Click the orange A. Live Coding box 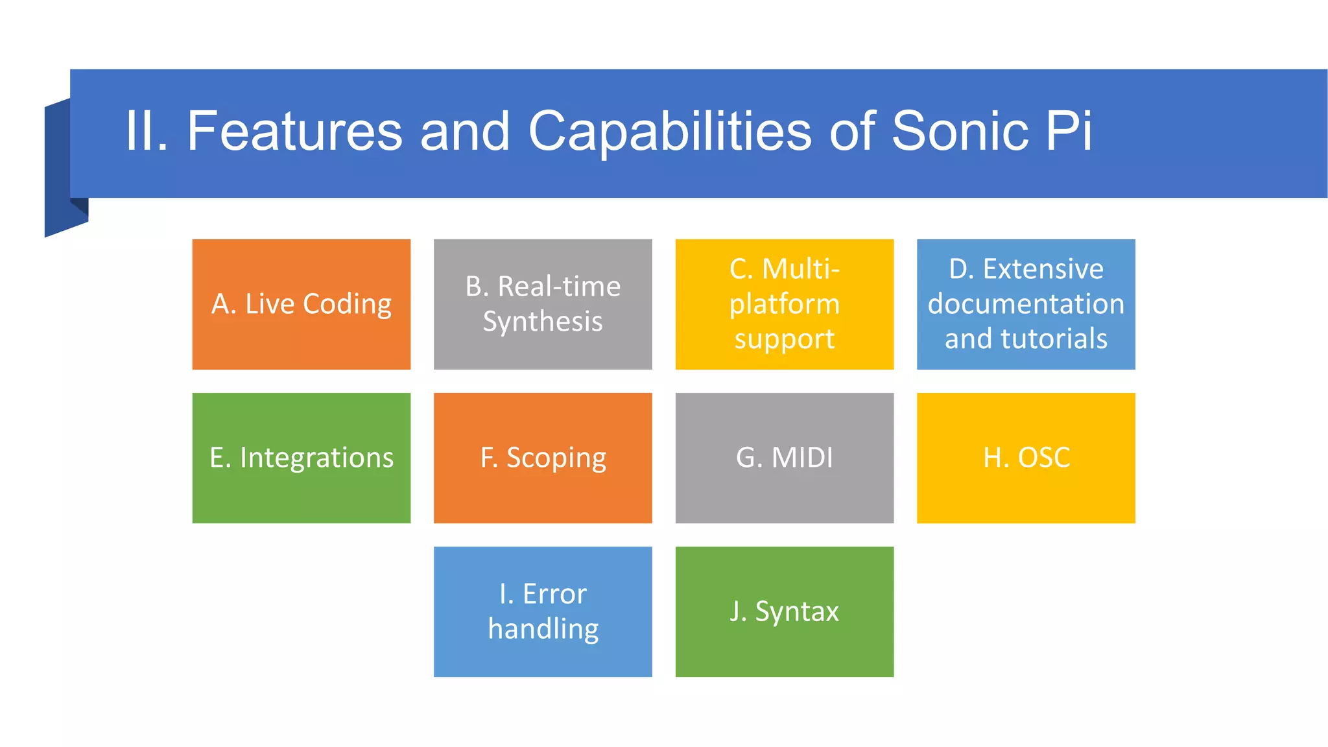(301, 304)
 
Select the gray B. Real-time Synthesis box (543, 304)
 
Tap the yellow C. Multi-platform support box (784, 304)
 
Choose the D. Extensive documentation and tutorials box (1026, 304)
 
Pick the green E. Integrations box (301, 458)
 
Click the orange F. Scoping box (543, 458)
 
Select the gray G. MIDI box (784, 458)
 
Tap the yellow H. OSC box (1026, 458)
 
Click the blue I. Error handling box (543, 611)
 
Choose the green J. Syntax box (784, 611)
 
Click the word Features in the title (294, 131)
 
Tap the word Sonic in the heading (960, 131)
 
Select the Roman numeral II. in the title (146, 131)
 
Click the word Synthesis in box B (543, 322)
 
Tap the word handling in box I (543, 629)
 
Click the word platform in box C (784, 304)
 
